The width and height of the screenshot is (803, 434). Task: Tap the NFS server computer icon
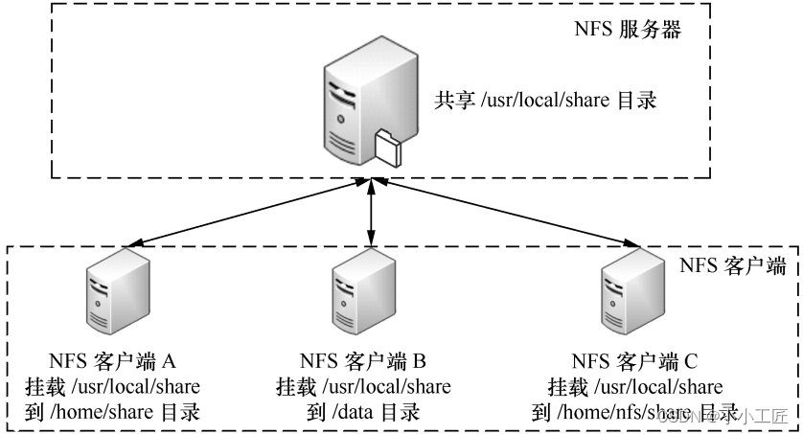click(358, 105)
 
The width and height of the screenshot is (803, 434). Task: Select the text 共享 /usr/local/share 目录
click(545, 100)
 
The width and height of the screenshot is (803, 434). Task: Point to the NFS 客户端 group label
click(734, 265)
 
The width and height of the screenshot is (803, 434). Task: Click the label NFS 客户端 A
click(112, 361)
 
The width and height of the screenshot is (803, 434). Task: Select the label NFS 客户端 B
click(362, 361)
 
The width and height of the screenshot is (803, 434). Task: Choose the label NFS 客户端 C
click(634, 361)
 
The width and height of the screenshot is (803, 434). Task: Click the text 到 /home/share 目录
click(112, 414)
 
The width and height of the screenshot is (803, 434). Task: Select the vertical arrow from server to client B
click(371, 213)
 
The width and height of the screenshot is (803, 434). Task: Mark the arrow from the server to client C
click(503, 211)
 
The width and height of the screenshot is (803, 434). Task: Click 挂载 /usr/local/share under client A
click(112, 387)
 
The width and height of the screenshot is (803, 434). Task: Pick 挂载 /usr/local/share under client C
click(634, 387)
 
